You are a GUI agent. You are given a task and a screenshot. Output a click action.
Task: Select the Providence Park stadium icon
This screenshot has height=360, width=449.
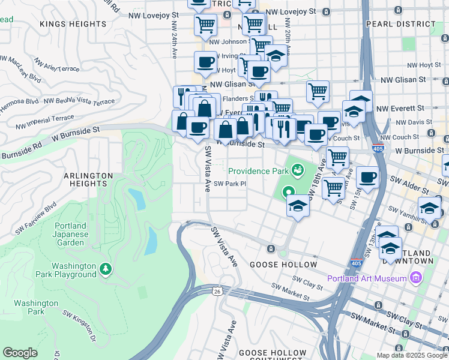tap(297, 171)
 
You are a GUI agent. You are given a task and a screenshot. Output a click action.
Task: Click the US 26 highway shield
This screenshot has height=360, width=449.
tap(216, 291)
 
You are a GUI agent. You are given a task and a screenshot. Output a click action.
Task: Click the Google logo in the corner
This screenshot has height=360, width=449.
tap(20, 352)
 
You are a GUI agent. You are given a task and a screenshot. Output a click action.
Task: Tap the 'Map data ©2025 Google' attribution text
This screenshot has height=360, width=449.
tap(411, 355)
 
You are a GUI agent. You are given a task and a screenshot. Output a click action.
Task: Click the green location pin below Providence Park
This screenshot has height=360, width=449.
tap(289, 193)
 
